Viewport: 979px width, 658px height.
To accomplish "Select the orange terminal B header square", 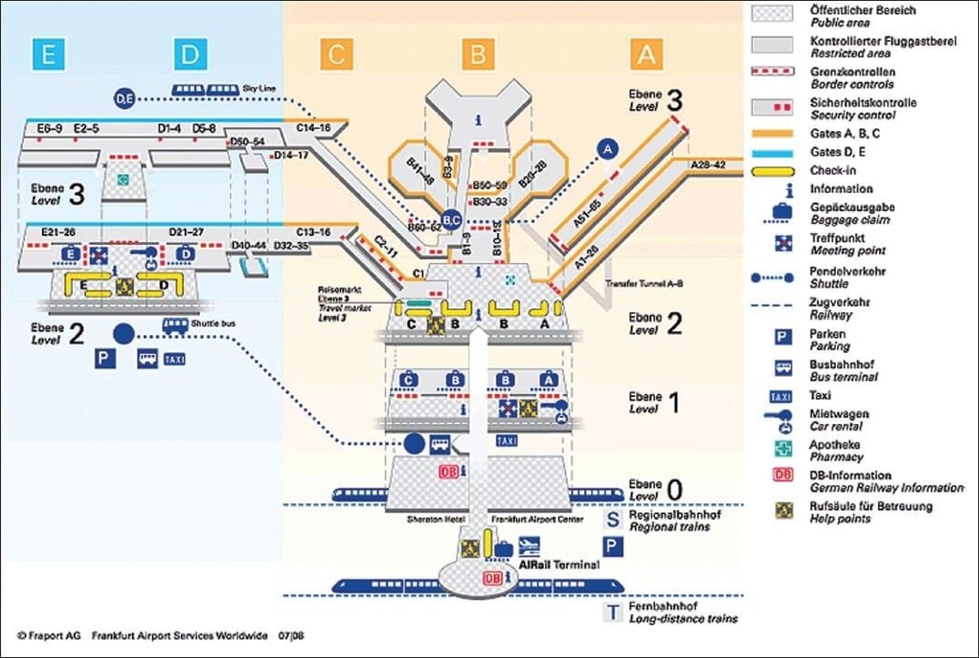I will click(x=478, y=55).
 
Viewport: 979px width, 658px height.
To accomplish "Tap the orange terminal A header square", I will click(x=645, y=55).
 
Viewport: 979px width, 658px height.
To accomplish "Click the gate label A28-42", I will click(x=709, y=165).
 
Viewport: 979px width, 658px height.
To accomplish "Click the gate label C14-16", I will click(x=314, y=129).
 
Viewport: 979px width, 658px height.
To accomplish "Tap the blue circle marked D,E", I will click(x=125, y=97).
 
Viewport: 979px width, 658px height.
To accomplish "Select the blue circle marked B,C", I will click(x=452, y=218).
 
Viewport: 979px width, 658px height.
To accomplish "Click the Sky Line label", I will click(x=259, y=87).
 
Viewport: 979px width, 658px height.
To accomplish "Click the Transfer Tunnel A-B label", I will click(x=643, y=284).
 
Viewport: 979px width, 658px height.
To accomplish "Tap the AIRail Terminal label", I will click(x=559, y=565).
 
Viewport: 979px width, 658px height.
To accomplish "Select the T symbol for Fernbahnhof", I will click(x=615, y=612).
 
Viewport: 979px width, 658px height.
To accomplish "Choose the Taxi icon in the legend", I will click(x=782, y=397).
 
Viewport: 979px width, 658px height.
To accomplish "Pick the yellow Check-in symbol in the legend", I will click(x=782, y=170).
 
